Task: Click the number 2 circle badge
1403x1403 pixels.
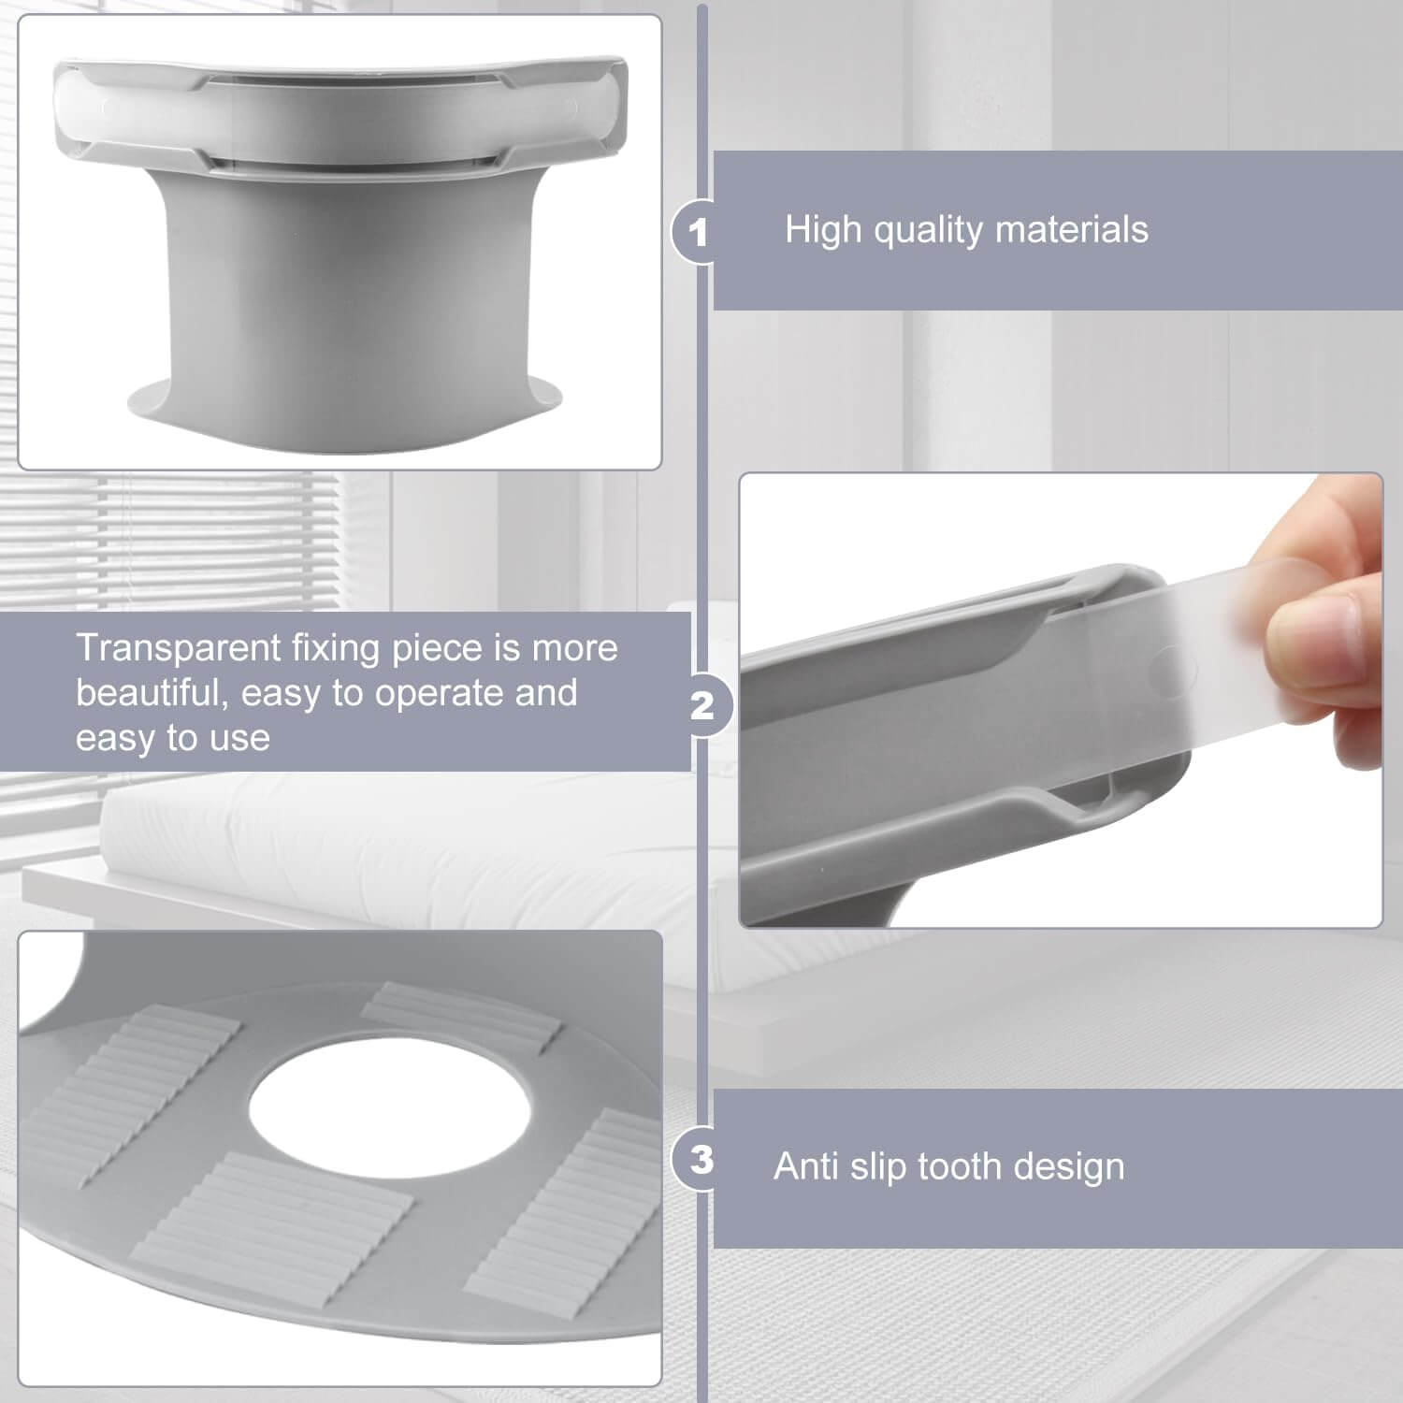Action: coord(701,705)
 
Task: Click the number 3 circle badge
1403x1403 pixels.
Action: coord(701,1160)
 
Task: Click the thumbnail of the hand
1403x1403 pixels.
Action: coord(1328,617)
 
